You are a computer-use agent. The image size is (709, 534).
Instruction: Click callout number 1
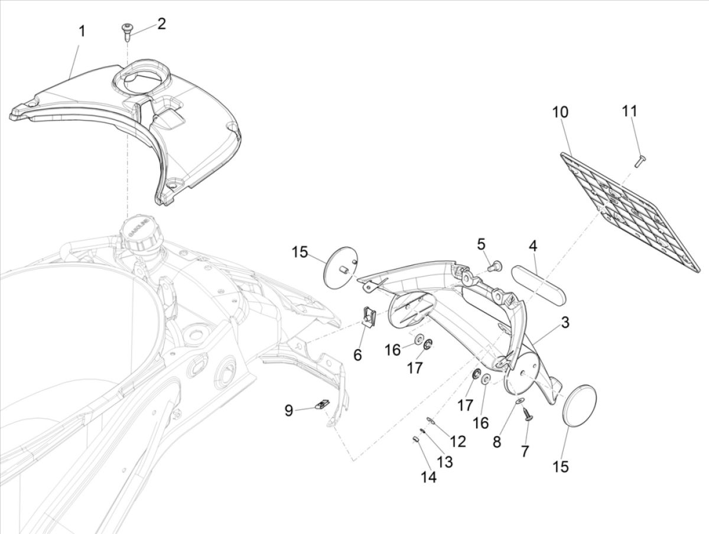point(82,31)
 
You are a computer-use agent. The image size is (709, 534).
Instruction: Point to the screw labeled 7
point(527,416)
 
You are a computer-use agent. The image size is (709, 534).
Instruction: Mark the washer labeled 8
point(518,401)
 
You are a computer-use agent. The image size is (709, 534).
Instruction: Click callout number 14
point(429,477)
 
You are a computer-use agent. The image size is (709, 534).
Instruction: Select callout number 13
point(444,462)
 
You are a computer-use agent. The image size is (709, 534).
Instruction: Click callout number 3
point(565,323)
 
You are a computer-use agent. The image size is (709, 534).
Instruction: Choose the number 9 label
point(289,411)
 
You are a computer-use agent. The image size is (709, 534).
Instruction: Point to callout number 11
point(630,111)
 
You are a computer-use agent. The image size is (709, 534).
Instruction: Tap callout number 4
point(533,245)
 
